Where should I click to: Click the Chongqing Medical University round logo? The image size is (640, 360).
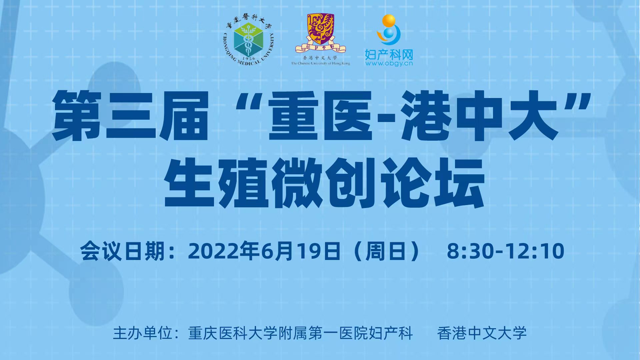pyautogui.click(x=248, y=40)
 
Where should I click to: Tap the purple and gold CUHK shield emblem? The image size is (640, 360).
pyautogui.click(x=320, y=29)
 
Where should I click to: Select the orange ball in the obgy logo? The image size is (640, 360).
pyautogui.click(x=389, y=21)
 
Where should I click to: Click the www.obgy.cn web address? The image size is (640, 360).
pyautogui.click(x=389, y=63)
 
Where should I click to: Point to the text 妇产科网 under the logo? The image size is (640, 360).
pyautogui.click(x=389, y=54)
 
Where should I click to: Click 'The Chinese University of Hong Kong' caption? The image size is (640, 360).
pyautogui.click(x=321, y=63)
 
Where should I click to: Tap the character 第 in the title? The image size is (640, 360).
pyautogui.click(x=77, y=115)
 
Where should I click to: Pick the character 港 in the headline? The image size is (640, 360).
pyautogui.click(x=426, y=115)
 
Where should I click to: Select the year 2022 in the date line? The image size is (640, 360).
pyautogui.click(x=214, y=251)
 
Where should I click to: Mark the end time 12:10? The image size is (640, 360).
pyautogui.click(x=535, y=251)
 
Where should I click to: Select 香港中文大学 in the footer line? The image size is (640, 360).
pyautogui.click(x=482, y=333)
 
